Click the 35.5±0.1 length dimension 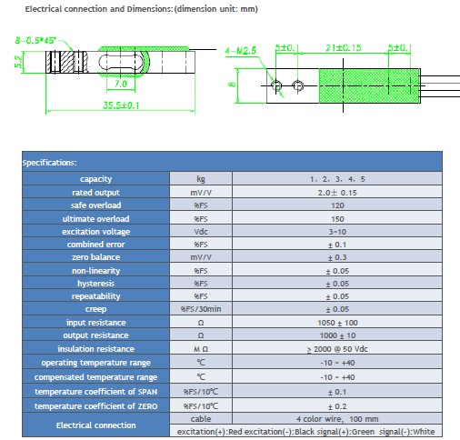(x=121, y=105)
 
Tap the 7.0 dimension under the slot (x=121, y=84)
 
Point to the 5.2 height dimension (x=18, y=62)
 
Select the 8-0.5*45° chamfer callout (x=35, y=40)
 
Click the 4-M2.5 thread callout (x=241, y=51)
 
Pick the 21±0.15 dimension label (x=344, y=48)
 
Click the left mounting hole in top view (x=276, y=85)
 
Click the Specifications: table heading (x=49, y=163)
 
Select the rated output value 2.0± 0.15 (x=337, y=193)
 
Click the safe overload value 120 (x=337, y=205)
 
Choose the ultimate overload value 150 (x=337, y=219)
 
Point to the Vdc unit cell (x=201, y=232)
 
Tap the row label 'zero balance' (x=95, y=257)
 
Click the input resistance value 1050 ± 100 (x=337, y=323)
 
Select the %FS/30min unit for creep (x=201, y=309)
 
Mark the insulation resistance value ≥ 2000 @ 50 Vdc (x=337, y=349)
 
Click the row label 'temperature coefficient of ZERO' (x=95, y=406)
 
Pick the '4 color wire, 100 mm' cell (x=337, y=419)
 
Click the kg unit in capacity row (x=201, y=179)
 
